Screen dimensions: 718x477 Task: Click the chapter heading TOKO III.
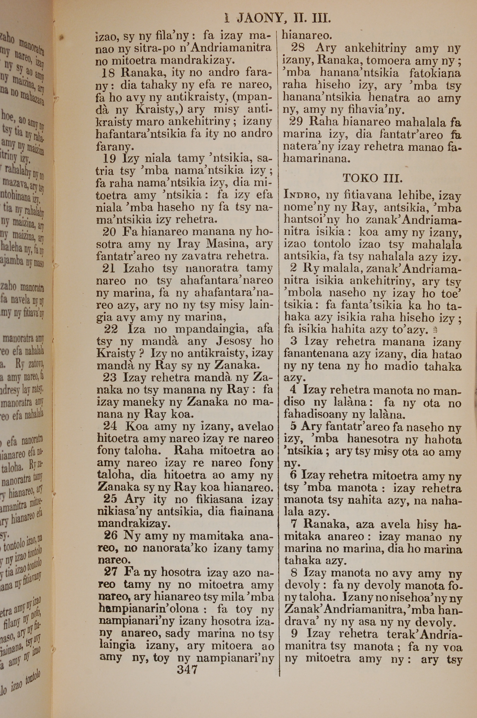pos(372,178)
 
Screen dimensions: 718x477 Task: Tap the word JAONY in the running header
pos(259,19)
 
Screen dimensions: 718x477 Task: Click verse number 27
pos(110,572)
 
